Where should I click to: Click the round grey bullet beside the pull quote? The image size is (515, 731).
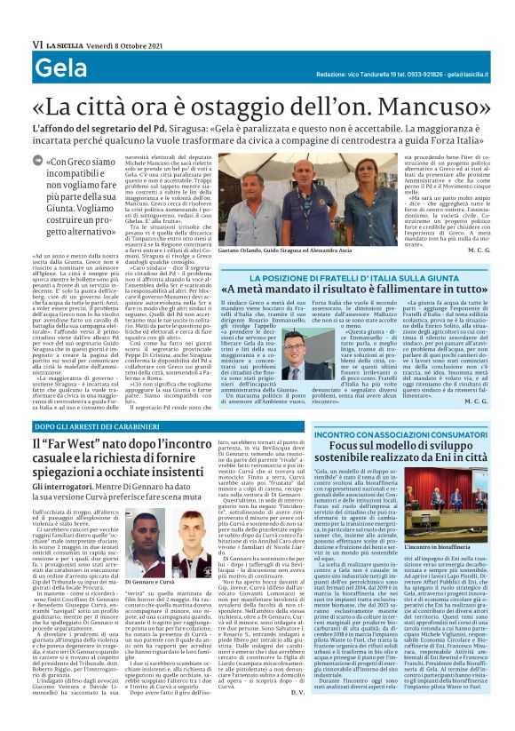[36, 163]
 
